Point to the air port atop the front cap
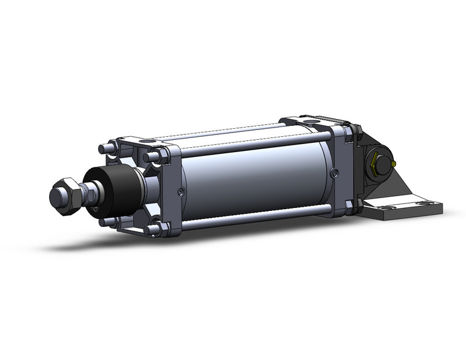point(147,140)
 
